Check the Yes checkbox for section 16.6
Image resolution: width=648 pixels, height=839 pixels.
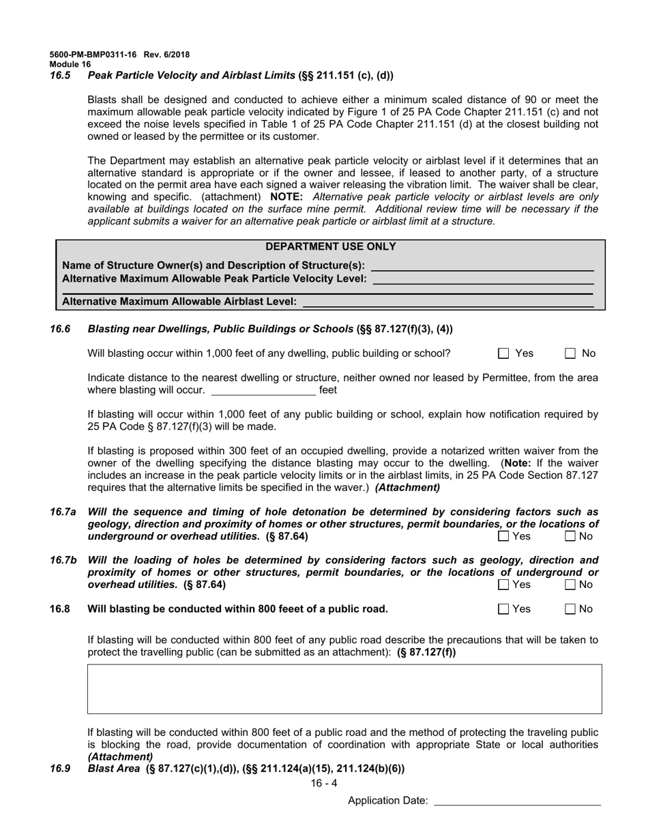point(503,353)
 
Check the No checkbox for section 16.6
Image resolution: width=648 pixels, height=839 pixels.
point(571,353)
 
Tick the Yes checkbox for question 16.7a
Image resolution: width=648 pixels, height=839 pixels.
point(503,536)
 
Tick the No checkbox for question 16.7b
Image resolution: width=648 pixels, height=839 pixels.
point(571,585)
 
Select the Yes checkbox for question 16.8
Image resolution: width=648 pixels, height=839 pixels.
point(503,609)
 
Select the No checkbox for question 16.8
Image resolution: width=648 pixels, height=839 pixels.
point(571,609)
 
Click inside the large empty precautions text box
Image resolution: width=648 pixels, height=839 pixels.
point(344,689)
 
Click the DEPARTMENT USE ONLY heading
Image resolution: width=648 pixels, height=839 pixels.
point(330,247)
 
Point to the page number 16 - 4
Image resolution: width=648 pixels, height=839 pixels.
point(324,784)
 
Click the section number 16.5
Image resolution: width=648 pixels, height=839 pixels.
point(60,76)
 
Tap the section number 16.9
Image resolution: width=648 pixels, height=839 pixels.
point(60,769)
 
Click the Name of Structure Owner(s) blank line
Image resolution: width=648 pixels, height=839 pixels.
point(482,266)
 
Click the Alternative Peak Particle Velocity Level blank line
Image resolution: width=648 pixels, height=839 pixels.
point(483,279)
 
